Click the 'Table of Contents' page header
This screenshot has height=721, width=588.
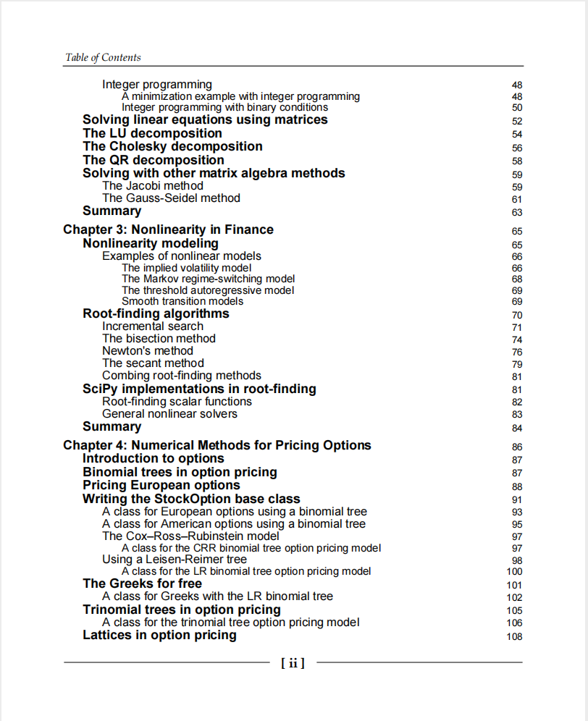click(103, 57)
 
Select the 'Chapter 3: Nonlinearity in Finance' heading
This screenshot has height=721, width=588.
click(168, 229)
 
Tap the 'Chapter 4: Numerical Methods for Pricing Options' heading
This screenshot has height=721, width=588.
click(217, 445)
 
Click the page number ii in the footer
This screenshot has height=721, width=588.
click(293, 662)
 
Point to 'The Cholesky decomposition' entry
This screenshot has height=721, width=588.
click(172, 146)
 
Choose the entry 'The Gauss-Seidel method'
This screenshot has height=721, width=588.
click(171, 198)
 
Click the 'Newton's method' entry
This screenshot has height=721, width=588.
click(148, 351)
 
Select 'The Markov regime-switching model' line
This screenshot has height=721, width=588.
click(208, 279)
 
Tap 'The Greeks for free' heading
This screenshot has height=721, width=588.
click(142, 583)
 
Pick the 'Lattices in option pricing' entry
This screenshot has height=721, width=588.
click(159, 635)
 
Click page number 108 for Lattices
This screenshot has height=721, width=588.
click(514, 637)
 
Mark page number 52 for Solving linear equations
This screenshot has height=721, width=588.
click(517, 122)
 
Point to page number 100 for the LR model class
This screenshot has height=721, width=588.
click(514, 572)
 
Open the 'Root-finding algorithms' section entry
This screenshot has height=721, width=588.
click(156, 313)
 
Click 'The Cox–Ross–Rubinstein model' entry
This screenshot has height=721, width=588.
click(190, 536)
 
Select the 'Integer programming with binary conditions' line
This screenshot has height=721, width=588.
click(224, 108)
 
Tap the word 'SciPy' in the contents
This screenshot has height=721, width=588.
click(100, 389)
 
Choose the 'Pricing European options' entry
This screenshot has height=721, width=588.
click(161, 485)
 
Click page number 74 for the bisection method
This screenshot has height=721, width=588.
click(517, 340)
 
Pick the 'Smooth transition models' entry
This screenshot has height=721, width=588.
click(182, 301)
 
